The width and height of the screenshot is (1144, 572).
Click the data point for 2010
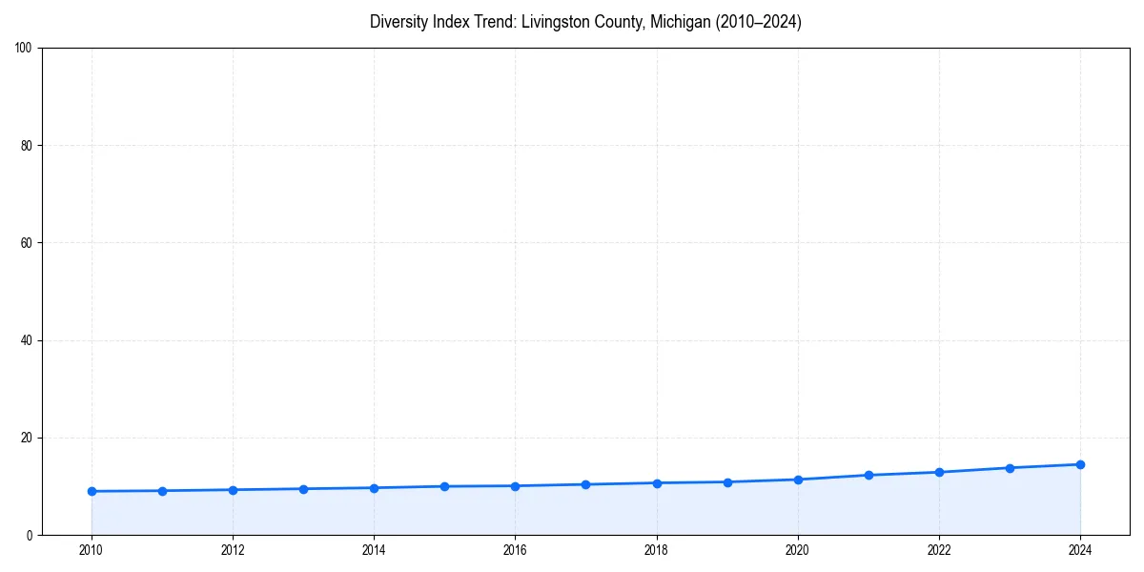pos(92,491)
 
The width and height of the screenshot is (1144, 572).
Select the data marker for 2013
pos(303,489)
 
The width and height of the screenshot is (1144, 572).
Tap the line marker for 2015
pos(444,486)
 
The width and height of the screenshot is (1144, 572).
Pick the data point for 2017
pos(585,484)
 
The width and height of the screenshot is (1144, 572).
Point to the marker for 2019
pos(727,481)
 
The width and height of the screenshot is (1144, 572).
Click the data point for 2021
pos(868,475)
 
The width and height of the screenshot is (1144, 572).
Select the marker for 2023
pos(1010,467)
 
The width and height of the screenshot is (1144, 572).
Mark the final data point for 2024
pos(1080,464)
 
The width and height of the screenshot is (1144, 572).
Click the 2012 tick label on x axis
pos(233,550)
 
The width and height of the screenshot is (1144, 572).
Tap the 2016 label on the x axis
pos(515,550)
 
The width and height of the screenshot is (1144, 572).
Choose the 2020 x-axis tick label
pos(798,550)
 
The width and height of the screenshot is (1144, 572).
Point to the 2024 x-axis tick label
pos(1080,550)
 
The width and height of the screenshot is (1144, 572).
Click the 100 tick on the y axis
pos(25,49)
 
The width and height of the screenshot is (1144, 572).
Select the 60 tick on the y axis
pos(28,243)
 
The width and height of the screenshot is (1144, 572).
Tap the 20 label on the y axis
pos(28,438)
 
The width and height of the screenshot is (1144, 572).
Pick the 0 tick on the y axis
pos(31,535)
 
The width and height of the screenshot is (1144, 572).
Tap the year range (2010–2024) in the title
pos(757,22)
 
